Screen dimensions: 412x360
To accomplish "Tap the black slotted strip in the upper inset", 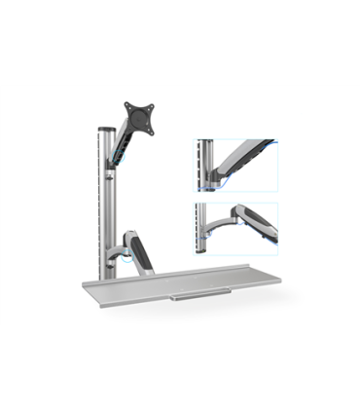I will (x=199, y=156).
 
